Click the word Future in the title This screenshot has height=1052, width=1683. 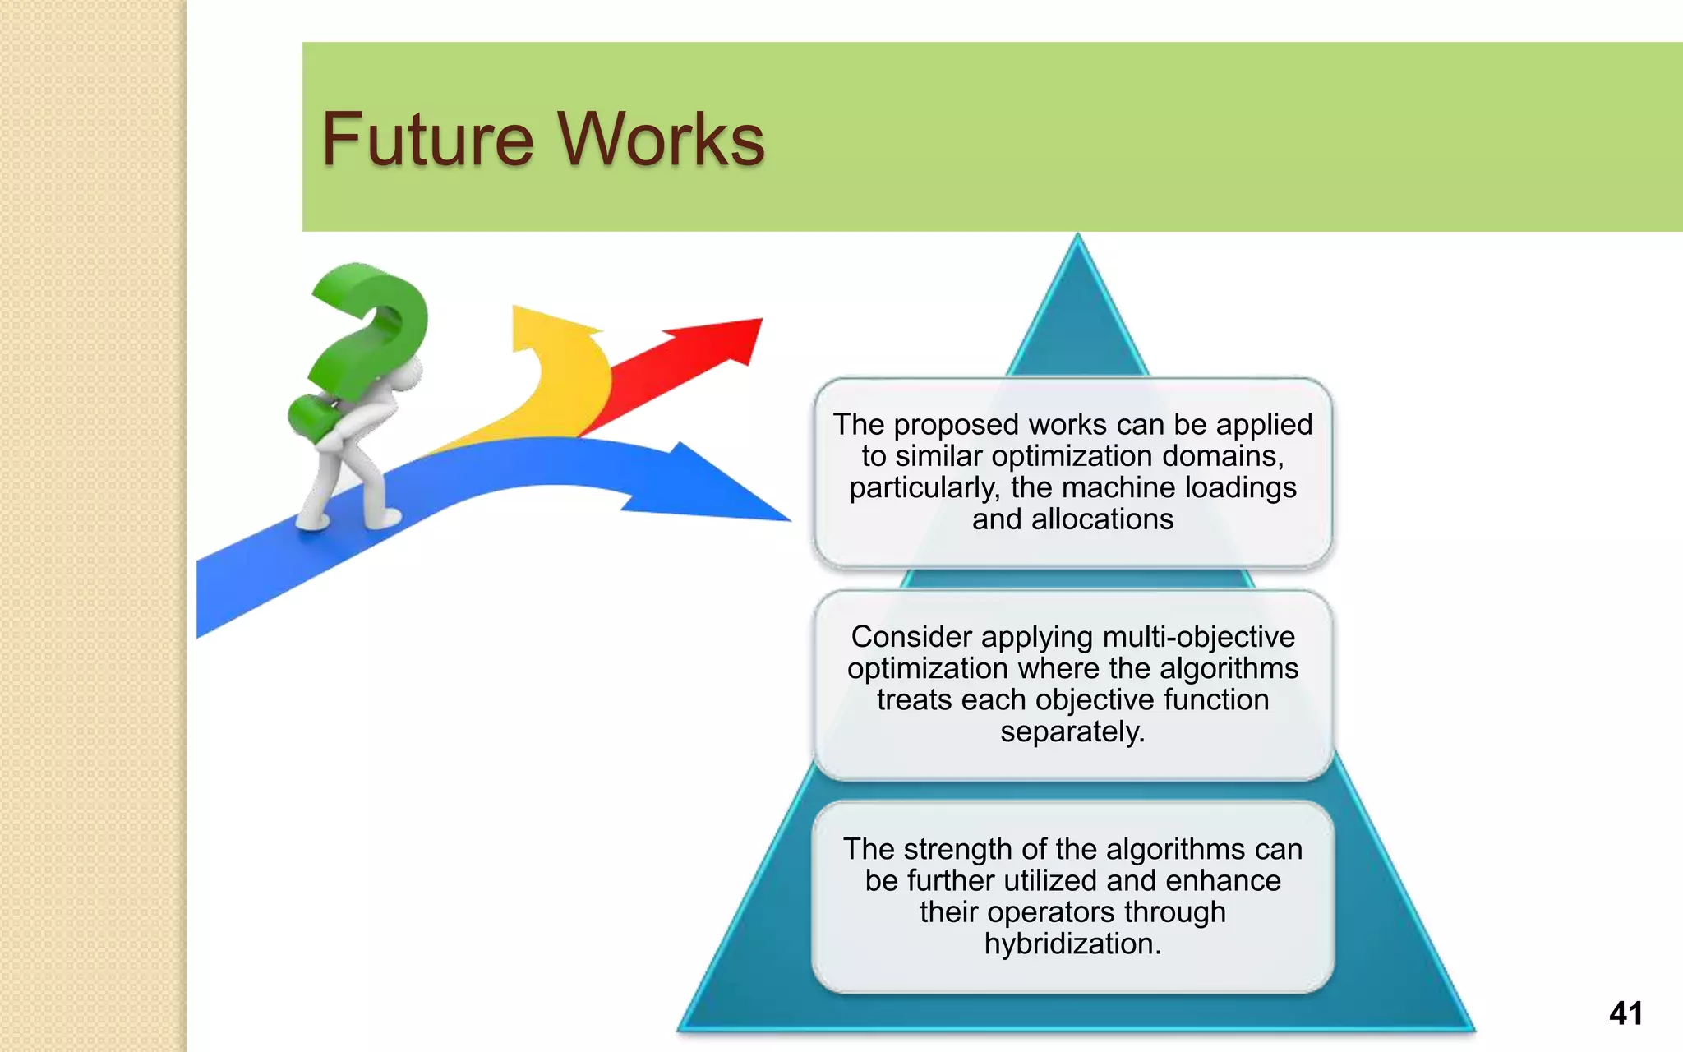click(x=427, y=140)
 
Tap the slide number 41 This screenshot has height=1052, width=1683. click(x=1625, y=1013)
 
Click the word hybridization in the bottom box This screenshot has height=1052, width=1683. click(x=1072, y=944)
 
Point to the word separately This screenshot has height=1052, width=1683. click(x=1072, y=731)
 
